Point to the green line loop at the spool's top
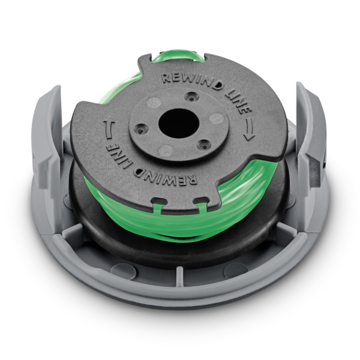174,58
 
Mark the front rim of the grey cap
180,294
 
